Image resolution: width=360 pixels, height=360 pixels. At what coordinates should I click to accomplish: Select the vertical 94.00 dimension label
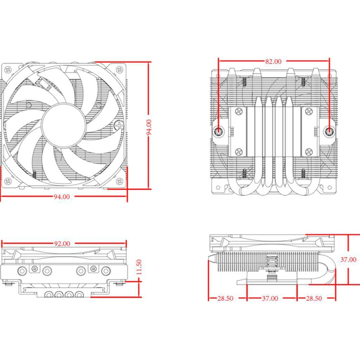[149, 127]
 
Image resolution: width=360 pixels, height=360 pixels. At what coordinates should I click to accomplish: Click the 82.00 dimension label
[273, 61]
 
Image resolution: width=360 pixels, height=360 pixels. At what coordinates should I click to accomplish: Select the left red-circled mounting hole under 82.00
[219, 131]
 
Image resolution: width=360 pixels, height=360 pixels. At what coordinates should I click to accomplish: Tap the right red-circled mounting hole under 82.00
[330, 131]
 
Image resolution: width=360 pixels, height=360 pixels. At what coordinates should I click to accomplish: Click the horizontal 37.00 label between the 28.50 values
[270, 298]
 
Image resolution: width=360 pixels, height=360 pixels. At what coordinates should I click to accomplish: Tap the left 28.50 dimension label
[226, 298]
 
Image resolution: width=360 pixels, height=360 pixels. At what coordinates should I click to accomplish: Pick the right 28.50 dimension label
[314, 298]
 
